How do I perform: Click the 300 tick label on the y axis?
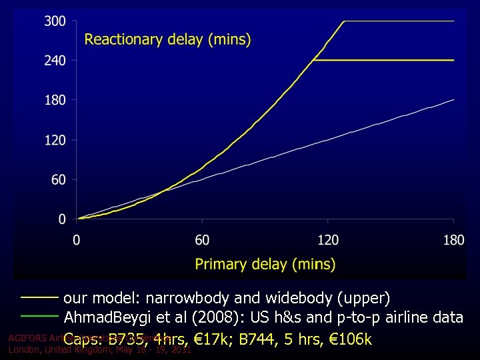tap(55, 21)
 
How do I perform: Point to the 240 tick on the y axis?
tap(55, 61)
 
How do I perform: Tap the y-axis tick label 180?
tap(55, 100)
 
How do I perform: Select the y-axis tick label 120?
tap(55, 140)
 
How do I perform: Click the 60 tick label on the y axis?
tap(59, 179)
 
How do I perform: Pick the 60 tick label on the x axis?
tap(202, 240)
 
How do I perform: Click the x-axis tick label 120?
tap(328, 240)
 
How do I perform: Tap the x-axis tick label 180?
tap(454, 240)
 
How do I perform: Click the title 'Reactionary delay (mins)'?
tap(167, 39)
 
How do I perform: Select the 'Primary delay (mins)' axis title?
tap(265, 264)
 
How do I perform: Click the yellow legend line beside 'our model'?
tap(39, 297)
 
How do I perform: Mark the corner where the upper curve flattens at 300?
tap(344, 21)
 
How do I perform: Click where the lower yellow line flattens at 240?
tap(313, 60)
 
